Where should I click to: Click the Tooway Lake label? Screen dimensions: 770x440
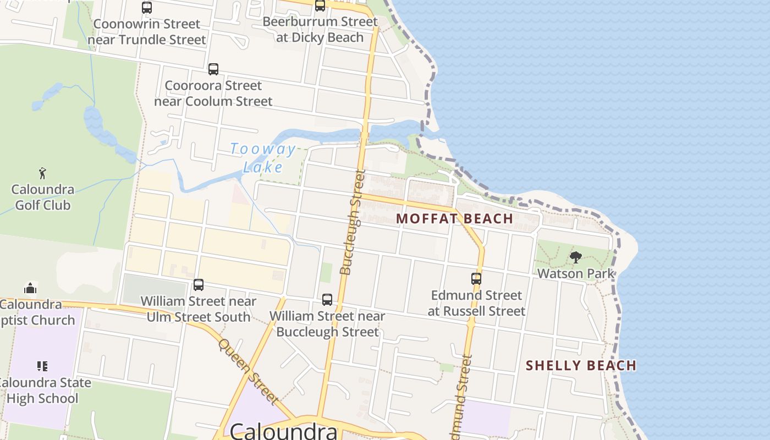pyautogui.click(x=263, y=158)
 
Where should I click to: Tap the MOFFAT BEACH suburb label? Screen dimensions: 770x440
pyautogui.click(x=454, y=218)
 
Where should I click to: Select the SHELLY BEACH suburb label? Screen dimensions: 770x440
pyautogui.click(x=581, y=365)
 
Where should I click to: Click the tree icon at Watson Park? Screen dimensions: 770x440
pyautogui.click(x=575, y=257)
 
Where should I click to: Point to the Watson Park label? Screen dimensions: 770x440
pyautogui.click(x=576, y=273)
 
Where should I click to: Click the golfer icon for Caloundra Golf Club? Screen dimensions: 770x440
pyautogui.click(x=42, y=173)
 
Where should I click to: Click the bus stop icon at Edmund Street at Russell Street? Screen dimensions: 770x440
pyautogui.click(x=476, y=279)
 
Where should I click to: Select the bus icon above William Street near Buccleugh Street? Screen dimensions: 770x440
pyautogui.click(x=327, y=300)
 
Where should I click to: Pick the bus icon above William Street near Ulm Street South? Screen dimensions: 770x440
pyautogui.click(x=199, y=285)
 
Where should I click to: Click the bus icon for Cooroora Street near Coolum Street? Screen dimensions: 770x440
pyautogui.click(x=213, y=69)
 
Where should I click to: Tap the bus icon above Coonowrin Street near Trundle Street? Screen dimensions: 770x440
pyautogui.click(x=147, y=8)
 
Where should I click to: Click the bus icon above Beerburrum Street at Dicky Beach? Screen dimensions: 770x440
pyautogui.click(x=320, y=5)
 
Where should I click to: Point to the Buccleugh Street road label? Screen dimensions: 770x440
pyautogui.click(x=353, y=223)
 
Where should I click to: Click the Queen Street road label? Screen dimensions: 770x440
pyautogui.click(x=249, y=371)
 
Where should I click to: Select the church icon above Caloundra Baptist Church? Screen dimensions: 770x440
pyautogui.click(x=30, y=288)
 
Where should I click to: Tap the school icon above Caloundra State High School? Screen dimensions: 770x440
pyautogui.click(x=42, y=366)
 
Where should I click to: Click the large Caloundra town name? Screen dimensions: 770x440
pyautogui.click(x=284, y=431)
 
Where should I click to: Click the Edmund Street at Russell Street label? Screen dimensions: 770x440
pyautogui.click(x=476, y=303)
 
